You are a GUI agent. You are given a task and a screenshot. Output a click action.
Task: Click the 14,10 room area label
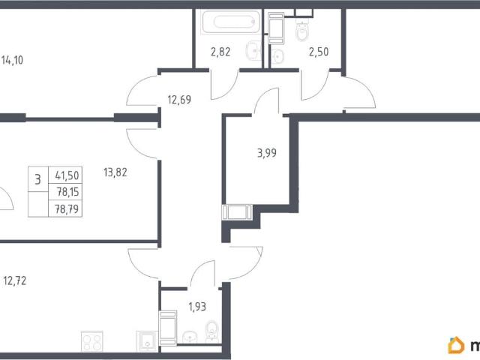(12, 60)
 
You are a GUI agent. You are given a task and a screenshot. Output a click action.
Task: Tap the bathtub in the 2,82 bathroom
(231, 22)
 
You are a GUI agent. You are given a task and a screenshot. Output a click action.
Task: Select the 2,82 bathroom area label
(220, 52)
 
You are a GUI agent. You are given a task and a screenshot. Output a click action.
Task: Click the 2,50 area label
(319, 52)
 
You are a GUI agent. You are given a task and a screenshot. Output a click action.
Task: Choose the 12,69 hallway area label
(179, 100)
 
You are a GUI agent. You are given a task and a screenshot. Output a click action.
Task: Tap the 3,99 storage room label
(267, 153)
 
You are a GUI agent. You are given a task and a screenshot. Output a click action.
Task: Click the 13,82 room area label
(115, 172)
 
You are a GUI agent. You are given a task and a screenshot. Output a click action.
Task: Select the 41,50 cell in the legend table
(67, 175)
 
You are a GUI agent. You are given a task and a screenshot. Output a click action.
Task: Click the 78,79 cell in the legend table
(67, 209)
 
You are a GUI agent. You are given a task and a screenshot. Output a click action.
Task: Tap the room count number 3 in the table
(37, 179)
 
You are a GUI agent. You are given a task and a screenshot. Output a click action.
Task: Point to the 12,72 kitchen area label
(15, 280)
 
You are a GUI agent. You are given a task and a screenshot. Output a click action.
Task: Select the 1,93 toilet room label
(197, 307)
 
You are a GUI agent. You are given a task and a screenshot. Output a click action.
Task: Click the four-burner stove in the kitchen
(91, 341)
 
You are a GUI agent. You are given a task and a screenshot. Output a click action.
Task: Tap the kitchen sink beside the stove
(147, 341)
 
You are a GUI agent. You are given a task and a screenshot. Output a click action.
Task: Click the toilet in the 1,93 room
(211, 331)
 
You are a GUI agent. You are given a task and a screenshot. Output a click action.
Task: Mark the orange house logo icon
(456, 345)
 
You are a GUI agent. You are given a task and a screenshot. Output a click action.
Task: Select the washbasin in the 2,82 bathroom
(253, 50)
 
